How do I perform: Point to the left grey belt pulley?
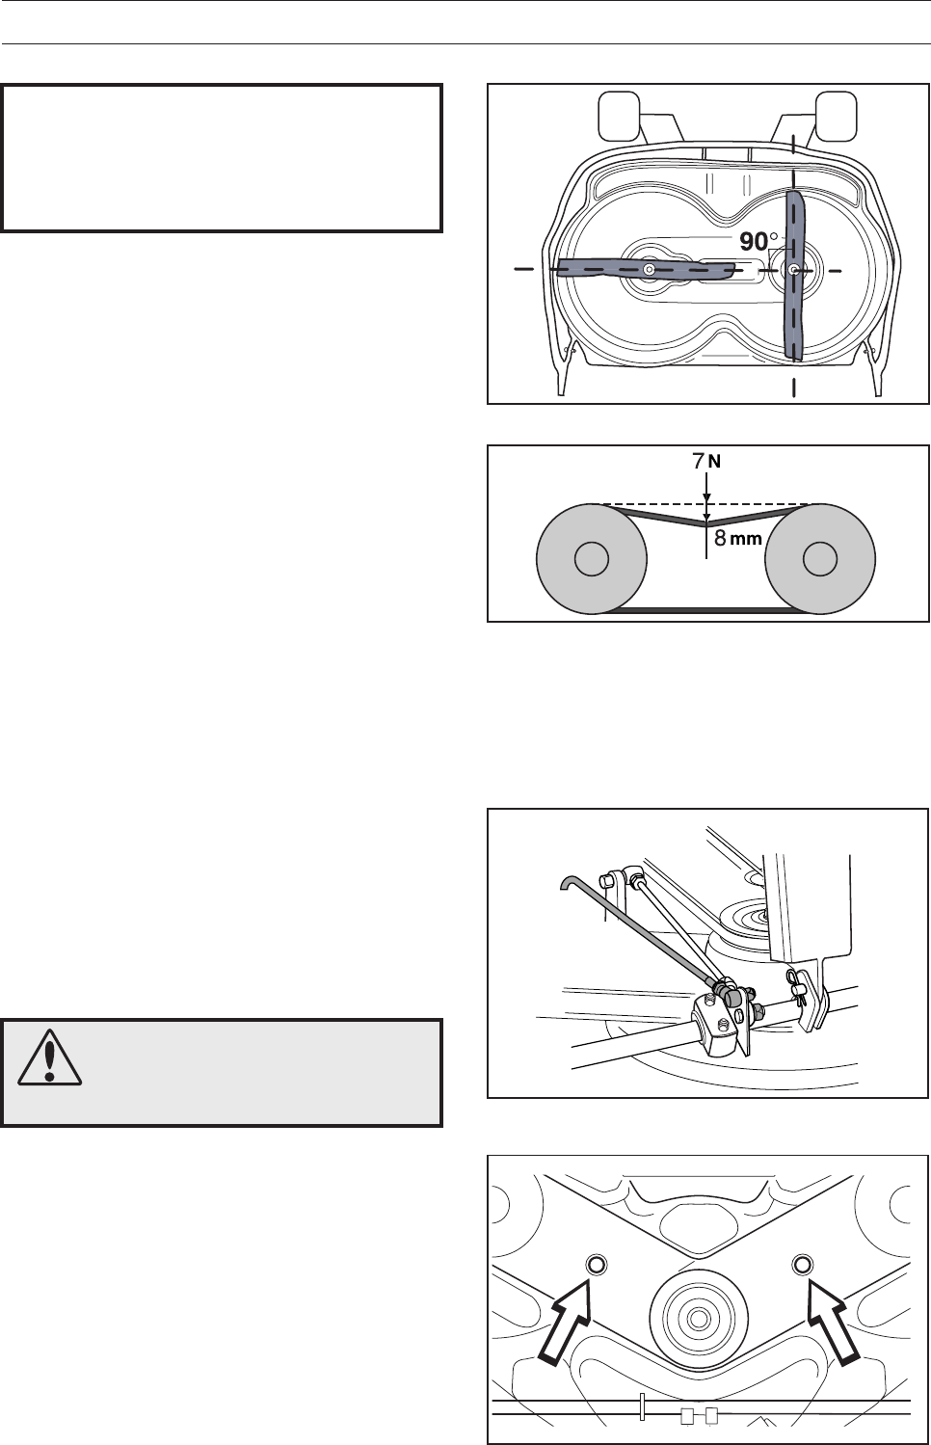coord(590,560)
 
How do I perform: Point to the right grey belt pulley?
coord(819,560)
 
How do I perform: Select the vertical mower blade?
coord(795,275)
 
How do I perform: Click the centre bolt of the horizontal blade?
coord(650,270)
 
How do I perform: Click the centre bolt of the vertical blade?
coord(793,271)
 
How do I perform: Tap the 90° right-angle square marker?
coord(777,259)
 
